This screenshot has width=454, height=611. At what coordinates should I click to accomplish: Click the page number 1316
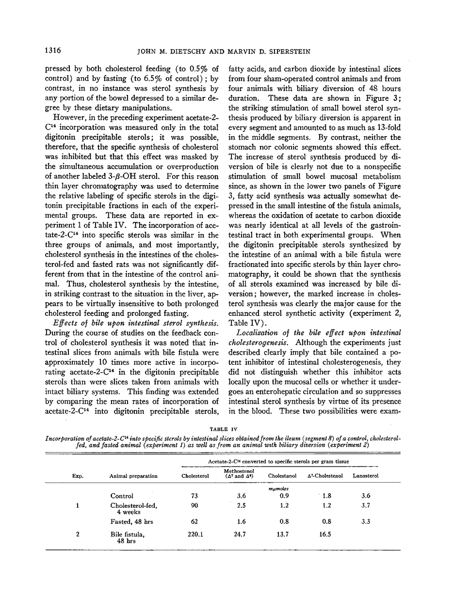(x=53, y=49)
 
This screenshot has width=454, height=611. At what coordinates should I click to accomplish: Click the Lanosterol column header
(x=365, y=476)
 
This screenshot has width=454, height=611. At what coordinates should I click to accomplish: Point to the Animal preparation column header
(x=133, y=476)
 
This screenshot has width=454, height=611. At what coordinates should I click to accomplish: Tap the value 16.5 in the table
(x=326, y=534)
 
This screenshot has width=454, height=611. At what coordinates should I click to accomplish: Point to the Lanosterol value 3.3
(x=365, y=522)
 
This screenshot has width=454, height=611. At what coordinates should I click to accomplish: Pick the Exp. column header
(x=78, y=476)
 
